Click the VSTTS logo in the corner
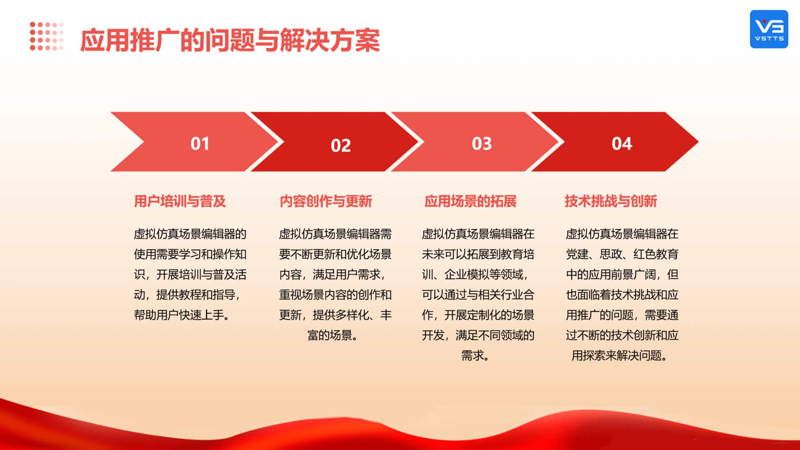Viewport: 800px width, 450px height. [769, 29]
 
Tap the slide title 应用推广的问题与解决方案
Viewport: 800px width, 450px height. [230, 40]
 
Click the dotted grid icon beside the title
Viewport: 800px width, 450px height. [47, 36]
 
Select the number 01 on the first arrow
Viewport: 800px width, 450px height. [200, 144]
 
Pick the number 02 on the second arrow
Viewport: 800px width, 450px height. [341, 145]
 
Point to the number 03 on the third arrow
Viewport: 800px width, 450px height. [482, 144]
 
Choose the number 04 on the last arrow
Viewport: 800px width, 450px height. [622, 144]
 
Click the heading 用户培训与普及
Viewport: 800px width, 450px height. [180, 201]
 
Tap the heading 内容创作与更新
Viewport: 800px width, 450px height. [326, 201]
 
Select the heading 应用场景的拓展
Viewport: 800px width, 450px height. [470, 201]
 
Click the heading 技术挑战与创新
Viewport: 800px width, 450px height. [611, 201]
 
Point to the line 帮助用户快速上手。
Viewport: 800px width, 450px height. [182, 315]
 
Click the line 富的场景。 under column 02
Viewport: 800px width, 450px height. [332, 335]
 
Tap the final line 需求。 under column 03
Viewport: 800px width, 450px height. [475, 355]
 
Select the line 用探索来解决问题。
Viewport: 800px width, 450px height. [620, 355]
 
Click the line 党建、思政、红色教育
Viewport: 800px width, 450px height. [622, 254]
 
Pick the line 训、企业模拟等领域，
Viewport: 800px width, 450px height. [475, 275]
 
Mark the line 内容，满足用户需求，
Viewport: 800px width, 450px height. [332, 275]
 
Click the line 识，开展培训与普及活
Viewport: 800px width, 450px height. [190, 275]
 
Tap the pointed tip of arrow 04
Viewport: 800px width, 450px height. [698, 142]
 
